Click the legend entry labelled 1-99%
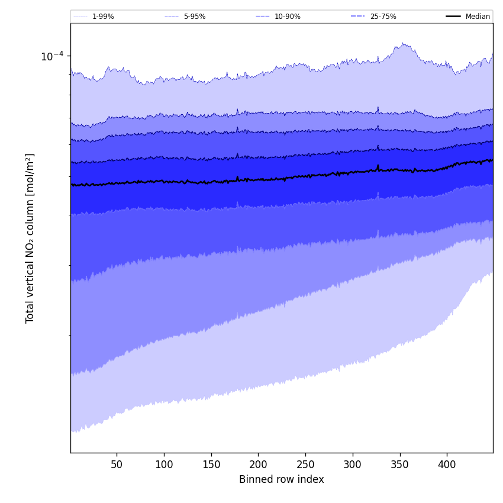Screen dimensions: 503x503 pos(103,17)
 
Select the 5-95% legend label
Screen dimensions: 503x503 pos(194,17)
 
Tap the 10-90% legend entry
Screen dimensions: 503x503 pos(287,17)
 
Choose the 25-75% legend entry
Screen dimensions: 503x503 pos(383,17)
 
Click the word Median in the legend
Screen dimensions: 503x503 pos(478,17)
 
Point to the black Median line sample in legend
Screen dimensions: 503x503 pos(453,17)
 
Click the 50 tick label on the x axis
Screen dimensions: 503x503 pos(117,465)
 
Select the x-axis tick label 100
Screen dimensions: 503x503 pos(164,465)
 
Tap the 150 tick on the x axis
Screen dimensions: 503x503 pos(211,465)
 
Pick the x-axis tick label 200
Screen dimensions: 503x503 pos(258,465)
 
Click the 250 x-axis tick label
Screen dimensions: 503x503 pos(305,465)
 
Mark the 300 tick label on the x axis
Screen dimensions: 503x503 pos(353,465)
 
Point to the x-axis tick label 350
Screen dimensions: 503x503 pos(400,465)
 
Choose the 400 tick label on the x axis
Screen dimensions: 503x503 pos(447,465)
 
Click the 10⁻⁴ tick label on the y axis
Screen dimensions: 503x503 pos(51,56)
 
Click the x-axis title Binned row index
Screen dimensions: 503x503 pos(281,479)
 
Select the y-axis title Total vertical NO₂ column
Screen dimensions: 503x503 pos(30,254)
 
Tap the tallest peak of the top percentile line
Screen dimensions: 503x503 pos(403,43)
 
